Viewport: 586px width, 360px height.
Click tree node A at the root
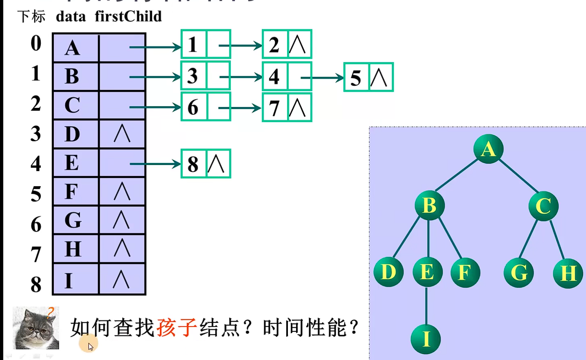tap(488, 149)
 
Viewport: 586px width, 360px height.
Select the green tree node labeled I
tap(426, 339)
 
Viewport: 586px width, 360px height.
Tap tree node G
tap(518, 272)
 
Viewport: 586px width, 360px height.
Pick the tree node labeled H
tap(568, 273)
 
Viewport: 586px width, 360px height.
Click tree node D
tap(388, 272)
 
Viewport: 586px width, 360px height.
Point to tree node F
tap(465, 272)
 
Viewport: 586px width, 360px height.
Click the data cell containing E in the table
tap(76, 163)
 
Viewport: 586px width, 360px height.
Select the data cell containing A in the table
tap(76, 48)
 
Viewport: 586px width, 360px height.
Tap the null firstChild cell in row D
tap(122, 134)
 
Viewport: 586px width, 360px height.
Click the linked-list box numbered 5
tap(356, 77)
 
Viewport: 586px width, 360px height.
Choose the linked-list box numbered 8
tap(193, 164)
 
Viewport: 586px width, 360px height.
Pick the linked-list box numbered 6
tap(193, 107)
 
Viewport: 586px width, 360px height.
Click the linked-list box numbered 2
tap(275, 44)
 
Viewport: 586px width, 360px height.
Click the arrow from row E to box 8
tap(155, 164)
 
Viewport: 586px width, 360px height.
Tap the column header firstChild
tap(128, 17)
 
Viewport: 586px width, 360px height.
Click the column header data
tap(70, 17)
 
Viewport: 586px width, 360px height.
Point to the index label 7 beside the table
tap(36, 254)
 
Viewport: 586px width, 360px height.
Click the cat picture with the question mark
tap(36, 328)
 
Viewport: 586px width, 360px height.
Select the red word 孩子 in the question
tap(176, 327)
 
